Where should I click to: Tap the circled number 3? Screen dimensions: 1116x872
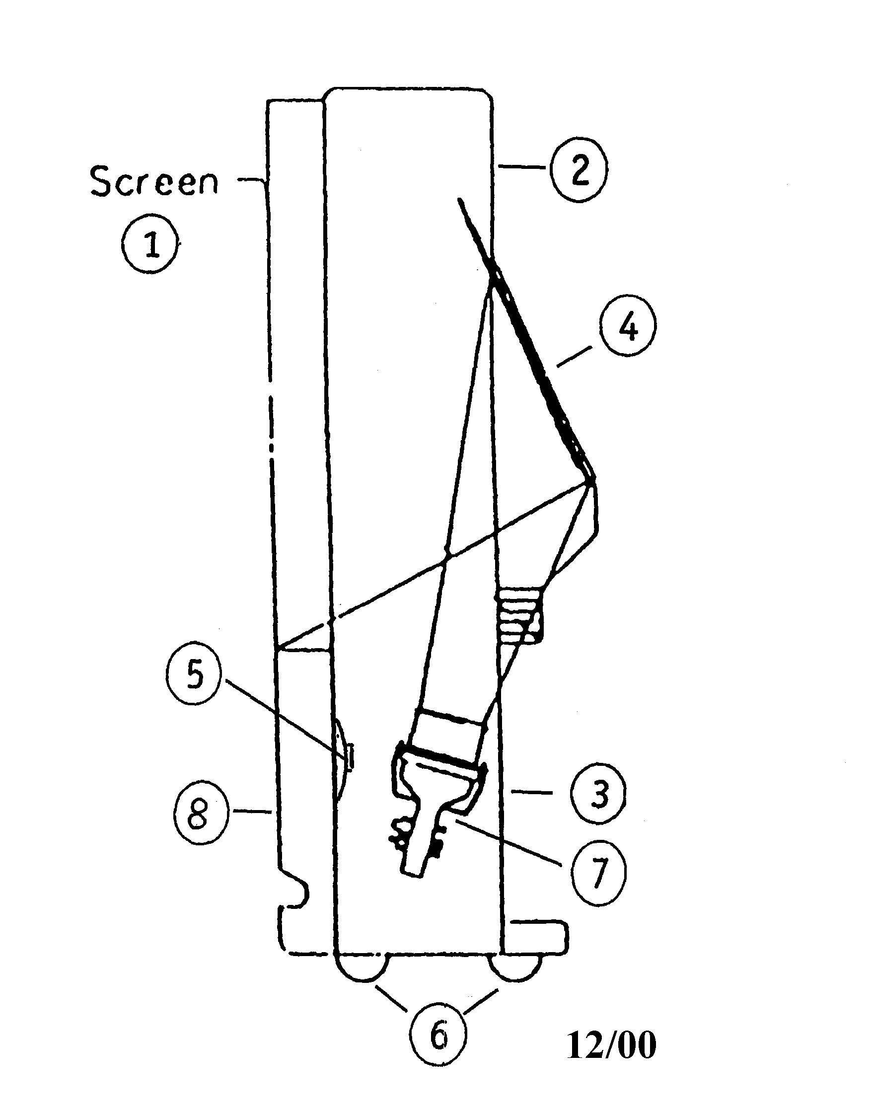598,794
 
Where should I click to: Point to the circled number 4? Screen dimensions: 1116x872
627,326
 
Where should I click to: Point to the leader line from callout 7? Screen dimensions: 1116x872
506,840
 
